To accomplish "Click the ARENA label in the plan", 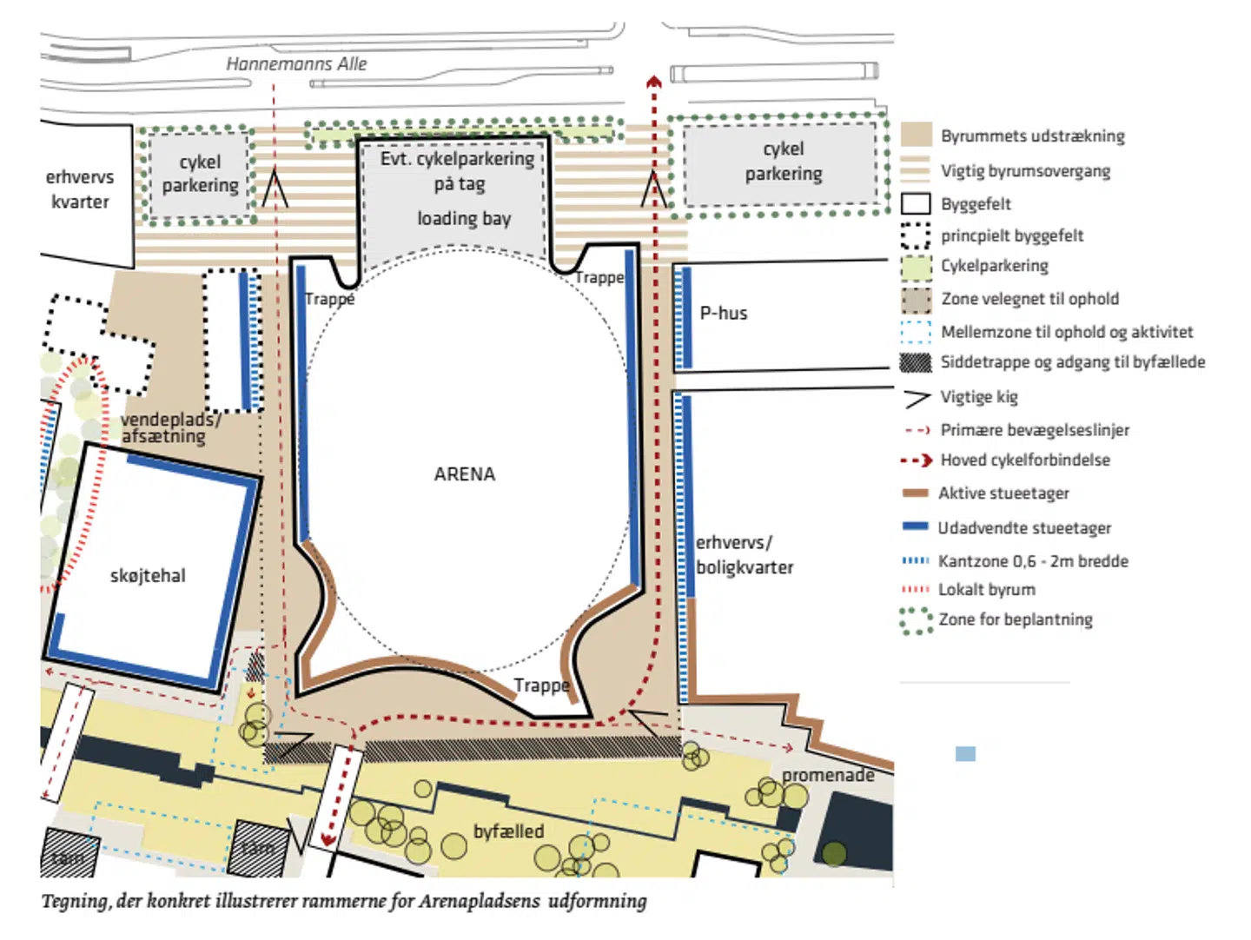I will [x=464, y=474].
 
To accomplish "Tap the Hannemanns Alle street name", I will [x=296, y=63].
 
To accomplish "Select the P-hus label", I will [x=723, y=313].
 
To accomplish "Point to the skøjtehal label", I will [x=148, y=575].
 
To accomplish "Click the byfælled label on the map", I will [x=508, y=831].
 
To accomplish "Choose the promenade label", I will [x=827, y=774].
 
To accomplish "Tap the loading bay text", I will [x=464, y=218].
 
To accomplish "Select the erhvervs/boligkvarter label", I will [x=744, y=554].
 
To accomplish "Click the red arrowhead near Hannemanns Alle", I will [x=653, y=83].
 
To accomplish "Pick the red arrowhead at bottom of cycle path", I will [x=328, y=839].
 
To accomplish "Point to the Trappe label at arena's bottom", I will [x=540, y=685].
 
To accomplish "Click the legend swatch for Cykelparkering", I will [x=916, y=268].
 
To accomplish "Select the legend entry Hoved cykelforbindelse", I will [x=1024, y=460].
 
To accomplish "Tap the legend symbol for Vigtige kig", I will [x=917, y=398].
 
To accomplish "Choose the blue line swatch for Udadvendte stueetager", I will [x=916, y=526].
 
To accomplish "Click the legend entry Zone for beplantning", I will [x=1015, y=619].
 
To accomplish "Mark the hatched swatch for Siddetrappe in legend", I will [x=916, y=362].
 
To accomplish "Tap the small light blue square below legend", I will [x=965, y=753].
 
